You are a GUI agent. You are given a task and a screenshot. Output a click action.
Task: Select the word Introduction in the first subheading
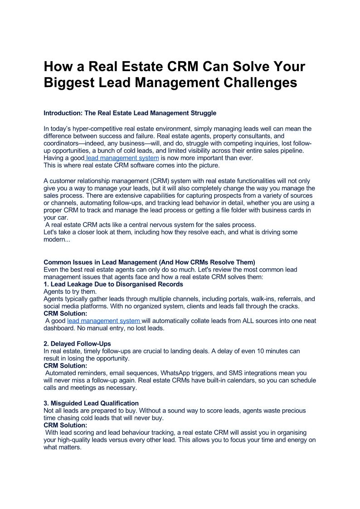tap(63, 113)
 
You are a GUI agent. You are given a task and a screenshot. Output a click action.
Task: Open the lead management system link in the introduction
tap(122, 158)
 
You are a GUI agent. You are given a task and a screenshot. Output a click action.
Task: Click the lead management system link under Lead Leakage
tap(104, 320)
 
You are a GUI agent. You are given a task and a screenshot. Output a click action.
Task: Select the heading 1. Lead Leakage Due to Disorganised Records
tap(113, 284)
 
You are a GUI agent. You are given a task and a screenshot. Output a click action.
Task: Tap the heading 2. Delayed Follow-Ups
tap(77, 344)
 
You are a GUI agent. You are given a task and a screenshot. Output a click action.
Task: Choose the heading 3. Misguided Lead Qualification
tap(91, 403)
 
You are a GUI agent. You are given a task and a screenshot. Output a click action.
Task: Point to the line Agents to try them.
tap(70, 291)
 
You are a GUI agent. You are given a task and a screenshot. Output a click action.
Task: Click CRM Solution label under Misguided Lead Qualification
tap(65, 425)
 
